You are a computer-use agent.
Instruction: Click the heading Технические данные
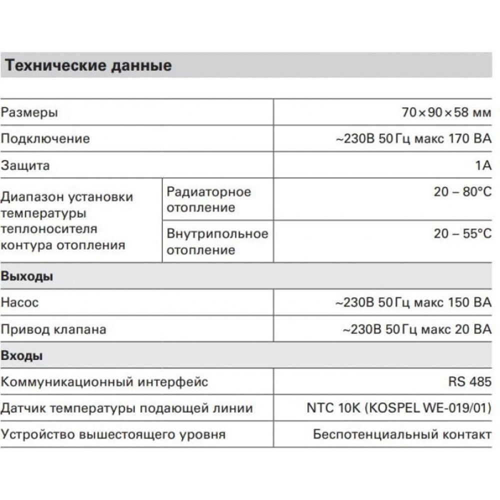88,65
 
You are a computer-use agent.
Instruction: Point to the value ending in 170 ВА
413,138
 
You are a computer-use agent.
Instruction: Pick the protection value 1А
483,165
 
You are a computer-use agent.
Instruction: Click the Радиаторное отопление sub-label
208,199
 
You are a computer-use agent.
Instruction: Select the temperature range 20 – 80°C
462,192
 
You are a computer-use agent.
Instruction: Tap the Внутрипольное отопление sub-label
217,241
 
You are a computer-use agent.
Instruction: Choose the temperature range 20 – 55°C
462,234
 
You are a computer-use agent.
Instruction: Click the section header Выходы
27,276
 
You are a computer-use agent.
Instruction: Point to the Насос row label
19,302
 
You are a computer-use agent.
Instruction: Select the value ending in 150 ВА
413,302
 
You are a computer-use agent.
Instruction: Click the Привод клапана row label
53,329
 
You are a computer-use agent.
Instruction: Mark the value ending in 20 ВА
417,329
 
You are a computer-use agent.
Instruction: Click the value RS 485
470,382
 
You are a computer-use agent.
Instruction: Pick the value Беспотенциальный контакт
402,434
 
